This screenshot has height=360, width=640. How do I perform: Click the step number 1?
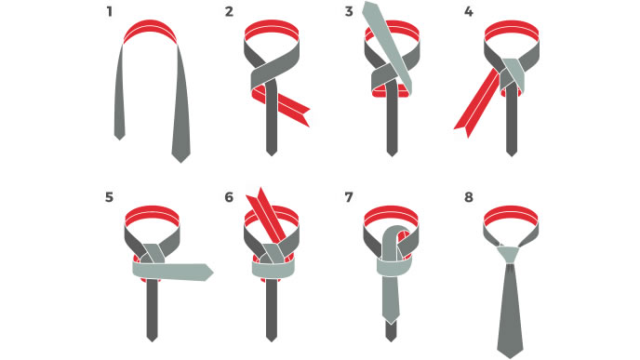(109, 12)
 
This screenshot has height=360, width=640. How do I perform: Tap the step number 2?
(229, 12)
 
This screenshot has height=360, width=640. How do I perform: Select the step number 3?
(349, 12)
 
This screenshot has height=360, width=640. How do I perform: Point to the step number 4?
(469, 12)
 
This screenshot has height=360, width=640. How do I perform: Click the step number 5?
(109, 197)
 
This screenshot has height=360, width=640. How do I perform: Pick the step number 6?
(229, 197)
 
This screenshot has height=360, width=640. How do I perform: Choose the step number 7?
(349, 197)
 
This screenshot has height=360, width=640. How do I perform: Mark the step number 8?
(469, 197)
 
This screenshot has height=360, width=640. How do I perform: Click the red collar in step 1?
(150, 29)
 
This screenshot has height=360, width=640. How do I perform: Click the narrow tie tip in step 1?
(120, 136)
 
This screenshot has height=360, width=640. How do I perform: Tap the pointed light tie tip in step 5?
(207, 273)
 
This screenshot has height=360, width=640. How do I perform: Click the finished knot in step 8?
(509, 255)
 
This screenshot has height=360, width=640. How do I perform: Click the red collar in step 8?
(511, 215)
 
